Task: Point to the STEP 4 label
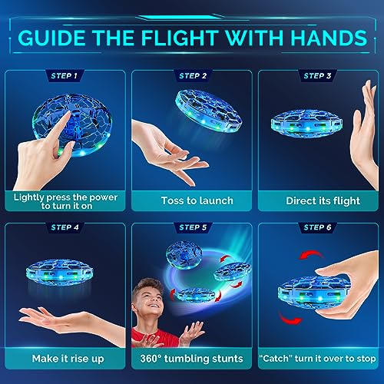point(65,227)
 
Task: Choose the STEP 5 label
point(192,227)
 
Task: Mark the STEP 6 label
point(318,227)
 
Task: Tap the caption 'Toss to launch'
point(192,201)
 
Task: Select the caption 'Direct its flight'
point(318,201)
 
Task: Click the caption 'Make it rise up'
point(65,358)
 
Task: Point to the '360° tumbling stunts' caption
point(192,358)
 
